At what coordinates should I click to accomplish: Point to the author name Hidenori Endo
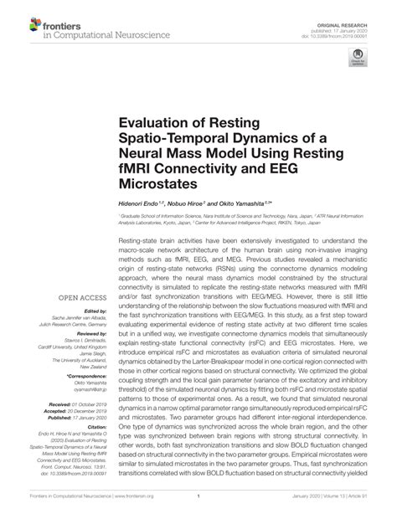point(144,204)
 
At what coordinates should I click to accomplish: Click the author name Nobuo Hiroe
point(188,204)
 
